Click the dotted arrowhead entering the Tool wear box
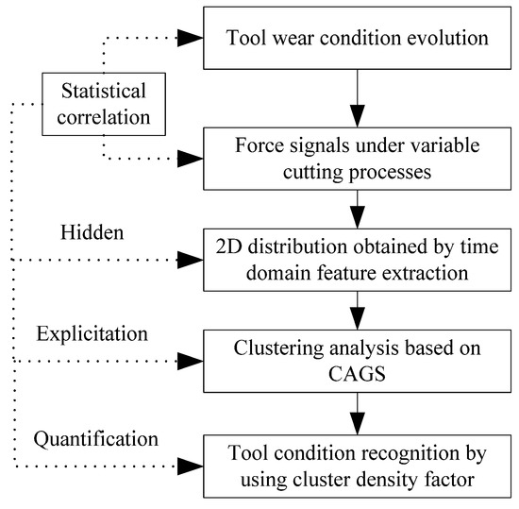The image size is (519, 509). [192, 38]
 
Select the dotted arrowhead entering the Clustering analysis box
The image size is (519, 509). [192, 361]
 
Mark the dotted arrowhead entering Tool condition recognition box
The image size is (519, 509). [192, 464]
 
